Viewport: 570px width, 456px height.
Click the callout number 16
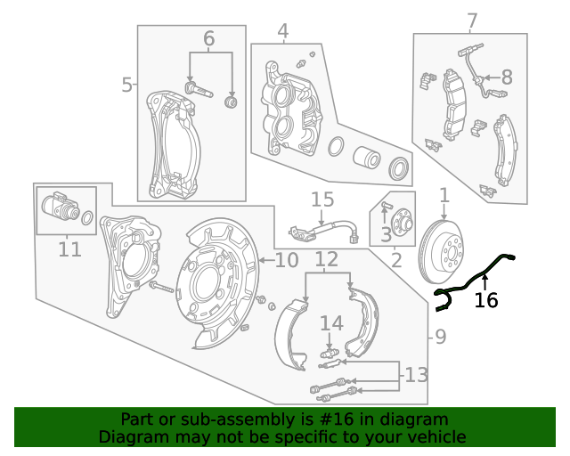(x=485, y=301)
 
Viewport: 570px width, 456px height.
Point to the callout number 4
(x=282, y=33)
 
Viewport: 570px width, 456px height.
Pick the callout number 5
(x=127, y=85)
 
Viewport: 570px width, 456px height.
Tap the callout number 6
(x=209, y=39)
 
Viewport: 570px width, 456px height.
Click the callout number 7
(x=472, y=20)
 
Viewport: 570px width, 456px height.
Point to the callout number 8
(x=506, y=77)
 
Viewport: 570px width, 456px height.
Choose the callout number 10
(x=286, y=260)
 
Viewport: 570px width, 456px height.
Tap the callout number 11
(x=69, y=249)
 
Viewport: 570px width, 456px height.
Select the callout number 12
(x=327, y=260)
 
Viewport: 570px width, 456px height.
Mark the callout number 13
(x=416, y=375)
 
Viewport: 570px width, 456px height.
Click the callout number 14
(x=330, y=322)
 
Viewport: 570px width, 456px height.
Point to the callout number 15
(x=322, y=199)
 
